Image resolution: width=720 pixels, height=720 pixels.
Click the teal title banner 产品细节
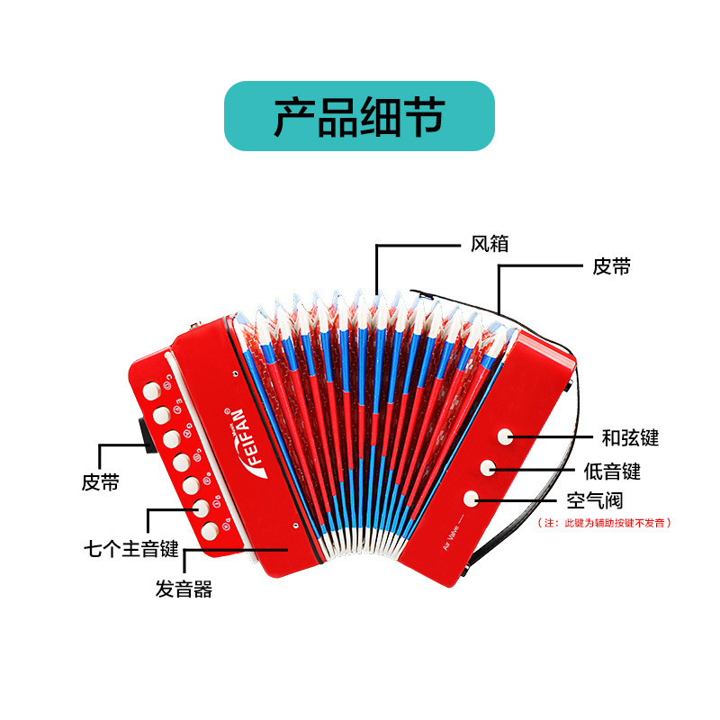point(359,116)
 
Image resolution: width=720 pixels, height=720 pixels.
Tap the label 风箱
point(490,245)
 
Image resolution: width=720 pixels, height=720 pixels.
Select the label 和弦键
point(630,438)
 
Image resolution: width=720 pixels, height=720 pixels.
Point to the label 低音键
point(612,470)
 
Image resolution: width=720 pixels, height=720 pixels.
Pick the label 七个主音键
point(131,549)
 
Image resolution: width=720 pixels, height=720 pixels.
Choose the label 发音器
point(184,590)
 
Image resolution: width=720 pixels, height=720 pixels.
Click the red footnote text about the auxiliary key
point(605,522)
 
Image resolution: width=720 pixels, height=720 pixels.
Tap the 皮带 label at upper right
point(611,266)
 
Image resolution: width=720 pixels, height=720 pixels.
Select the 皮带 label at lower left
point(101,482)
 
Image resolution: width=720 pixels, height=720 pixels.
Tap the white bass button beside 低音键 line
point(488,467)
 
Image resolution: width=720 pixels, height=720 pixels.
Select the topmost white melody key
point(151,391)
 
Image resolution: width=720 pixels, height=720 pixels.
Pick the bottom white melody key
point(209,531)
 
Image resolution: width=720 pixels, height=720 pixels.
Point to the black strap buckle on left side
point(143,432)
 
